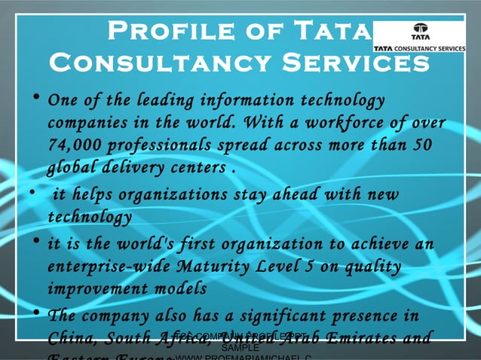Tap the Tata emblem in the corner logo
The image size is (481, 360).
pyautogui.click(x=418, y=34)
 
